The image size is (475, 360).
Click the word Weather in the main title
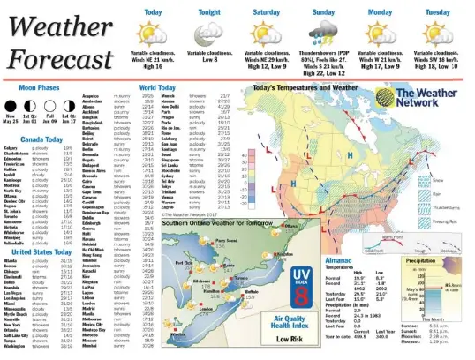click(59, 26)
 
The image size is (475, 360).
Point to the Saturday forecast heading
click(267, 12)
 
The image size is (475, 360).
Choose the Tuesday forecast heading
click(437, 12)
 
